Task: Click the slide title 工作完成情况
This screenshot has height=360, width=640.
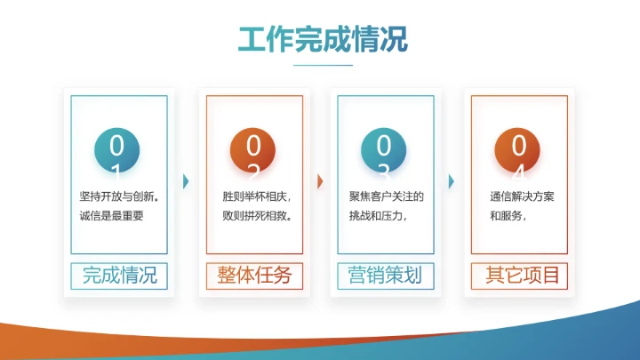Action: click(x=323, y=39)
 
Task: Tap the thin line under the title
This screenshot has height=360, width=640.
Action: click(x=323, y=66)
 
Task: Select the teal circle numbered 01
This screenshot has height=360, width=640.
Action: click(x=117, y=152)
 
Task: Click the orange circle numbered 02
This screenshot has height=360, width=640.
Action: click(x=253, y=152)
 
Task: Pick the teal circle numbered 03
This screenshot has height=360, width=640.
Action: click(x=384, y=152)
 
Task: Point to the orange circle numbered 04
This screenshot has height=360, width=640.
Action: click(x=519, y=152)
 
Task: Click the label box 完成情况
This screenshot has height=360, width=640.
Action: click(x=119, y=276)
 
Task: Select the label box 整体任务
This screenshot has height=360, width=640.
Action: click(x=254, y=276)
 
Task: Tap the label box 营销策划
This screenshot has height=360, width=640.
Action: click(x=386, y=276)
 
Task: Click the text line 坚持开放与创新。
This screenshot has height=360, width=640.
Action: click(x=118, y=196)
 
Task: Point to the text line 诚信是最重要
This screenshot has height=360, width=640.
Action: click(x=112, y=216)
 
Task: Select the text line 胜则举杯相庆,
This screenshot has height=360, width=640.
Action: click(x=257, y=196)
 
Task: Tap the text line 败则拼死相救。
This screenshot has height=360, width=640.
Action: click(x=257, y=216)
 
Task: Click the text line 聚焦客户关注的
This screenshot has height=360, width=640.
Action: click(x=387, y=196)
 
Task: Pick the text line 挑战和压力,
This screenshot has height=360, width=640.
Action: click(x=379, y=216)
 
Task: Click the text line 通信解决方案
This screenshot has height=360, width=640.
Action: click(x=522, y=196)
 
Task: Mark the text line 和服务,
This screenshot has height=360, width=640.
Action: click(x=509, y=216)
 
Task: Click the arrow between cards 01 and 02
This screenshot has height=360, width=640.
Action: click(x=186, y=181)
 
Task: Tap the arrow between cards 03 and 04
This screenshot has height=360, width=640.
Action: click(x=452, y=181)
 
